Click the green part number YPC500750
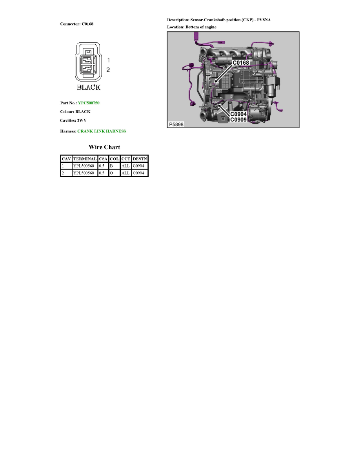point(89,103)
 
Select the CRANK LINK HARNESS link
point(102,131)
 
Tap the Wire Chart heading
point(104,147)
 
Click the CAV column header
point(66,159)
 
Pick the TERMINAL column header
point(85,159)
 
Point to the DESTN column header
point(140,159)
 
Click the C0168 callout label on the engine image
point(241,63)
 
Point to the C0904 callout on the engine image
point(238,114)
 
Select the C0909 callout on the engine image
point(238,120)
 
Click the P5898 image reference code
point(176,124)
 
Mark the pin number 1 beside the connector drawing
point(108,60)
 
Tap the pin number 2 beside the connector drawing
point(108,70)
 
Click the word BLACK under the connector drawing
point(89,87)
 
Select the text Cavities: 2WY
point(73,120)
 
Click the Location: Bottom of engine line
point(192,27)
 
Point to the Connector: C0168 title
point(76,24)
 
